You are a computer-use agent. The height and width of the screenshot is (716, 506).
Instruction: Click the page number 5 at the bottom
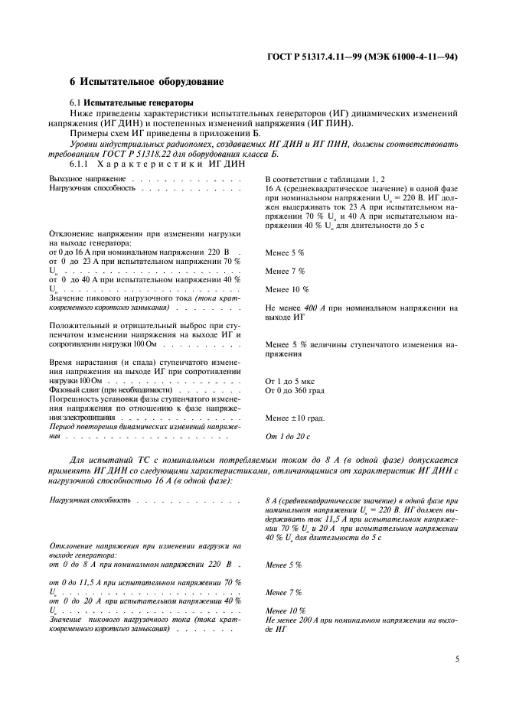[x=456, y=658]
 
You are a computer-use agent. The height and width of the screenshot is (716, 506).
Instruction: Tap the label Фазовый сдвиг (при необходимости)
[x=106, y=390]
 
